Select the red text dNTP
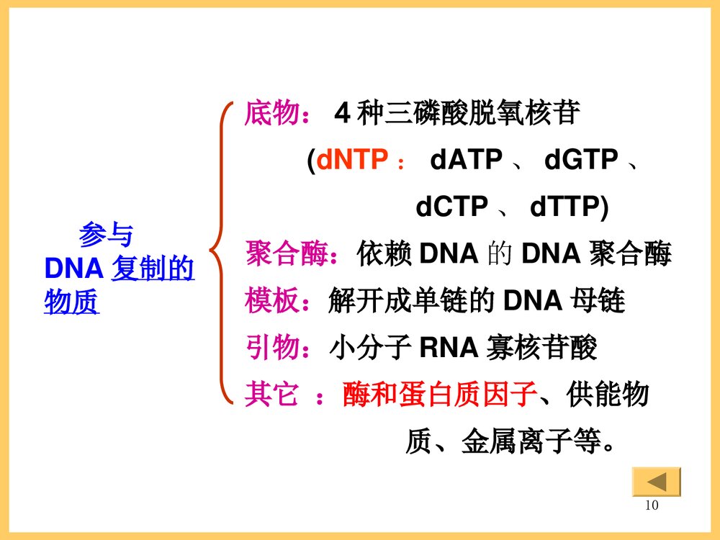click(352, 160)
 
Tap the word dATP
click(466, 160)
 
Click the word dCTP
click(451, 207)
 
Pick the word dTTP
click(565, 207)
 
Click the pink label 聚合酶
click(286, 254)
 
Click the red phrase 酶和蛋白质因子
click(440, 395)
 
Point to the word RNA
click(449, 348)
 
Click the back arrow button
click(656, 481)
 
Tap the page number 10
click(652, 505)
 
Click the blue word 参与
click(106, 235)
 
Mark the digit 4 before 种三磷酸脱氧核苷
click(343, 114)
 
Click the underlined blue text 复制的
click(153, 269)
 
